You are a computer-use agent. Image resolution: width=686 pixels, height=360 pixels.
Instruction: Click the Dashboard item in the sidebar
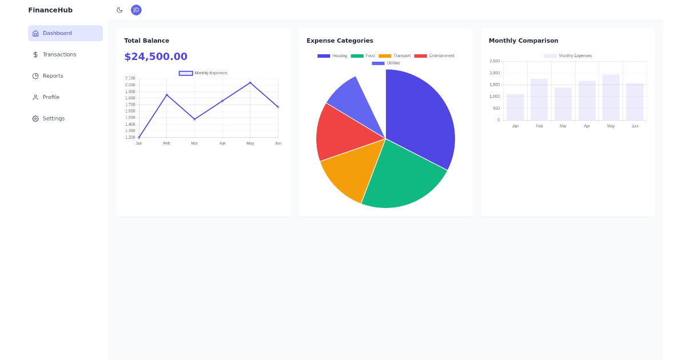pos(65,33)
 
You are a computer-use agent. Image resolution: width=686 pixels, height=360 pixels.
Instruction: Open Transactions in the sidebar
pos(59,55)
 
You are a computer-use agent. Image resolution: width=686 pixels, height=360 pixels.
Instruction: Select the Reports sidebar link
pos(53,76)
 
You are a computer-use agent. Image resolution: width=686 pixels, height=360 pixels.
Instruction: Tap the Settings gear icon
pos(35,119)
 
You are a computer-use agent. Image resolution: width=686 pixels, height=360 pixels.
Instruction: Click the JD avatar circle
pos(136,10)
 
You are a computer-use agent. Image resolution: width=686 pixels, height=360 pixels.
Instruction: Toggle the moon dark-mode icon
pos(119,10)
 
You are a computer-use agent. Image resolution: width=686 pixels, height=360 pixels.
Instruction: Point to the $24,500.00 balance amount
pos(155,57)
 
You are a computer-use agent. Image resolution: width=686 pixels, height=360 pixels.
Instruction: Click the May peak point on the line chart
pos(250,83)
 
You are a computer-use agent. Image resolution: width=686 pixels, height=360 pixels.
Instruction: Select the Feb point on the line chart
pos(167,95)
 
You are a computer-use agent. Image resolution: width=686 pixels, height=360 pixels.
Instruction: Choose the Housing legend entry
pos(332,56)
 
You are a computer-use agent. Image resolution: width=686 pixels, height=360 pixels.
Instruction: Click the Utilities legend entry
pos(386,63)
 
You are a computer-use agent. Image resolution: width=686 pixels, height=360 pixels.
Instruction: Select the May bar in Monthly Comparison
pos(611,98)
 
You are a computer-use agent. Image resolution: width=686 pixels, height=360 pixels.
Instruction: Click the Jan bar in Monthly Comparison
pos(515,107)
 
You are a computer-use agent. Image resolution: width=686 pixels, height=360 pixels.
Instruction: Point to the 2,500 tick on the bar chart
pos(494,61)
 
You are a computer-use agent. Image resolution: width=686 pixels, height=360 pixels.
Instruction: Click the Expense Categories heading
pos(340,41)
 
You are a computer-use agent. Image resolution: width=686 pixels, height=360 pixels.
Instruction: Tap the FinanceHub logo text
pos(50,10)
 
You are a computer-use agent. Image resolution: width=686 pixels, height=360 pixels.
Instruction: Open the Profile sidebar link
pos(51,98)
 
